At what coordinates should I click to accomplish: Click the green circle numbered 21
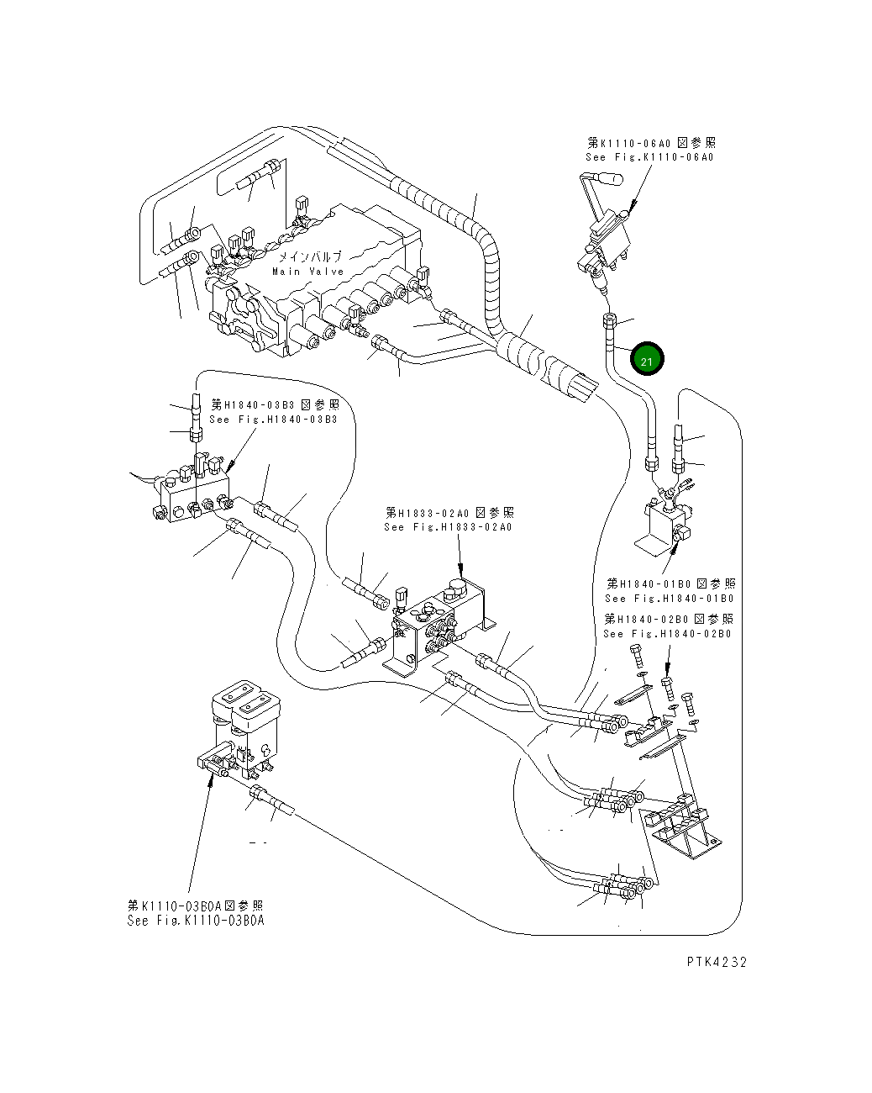647,361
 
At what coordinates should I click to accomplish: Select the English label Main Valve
307,272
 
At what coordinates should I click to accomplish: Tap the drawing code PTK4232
715,962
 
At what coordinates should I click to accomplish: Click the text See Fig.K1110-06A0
649,157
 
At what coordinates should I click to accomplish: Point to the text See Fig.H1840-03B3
273,420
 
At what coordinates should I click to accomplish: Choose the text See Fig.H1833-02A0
448,527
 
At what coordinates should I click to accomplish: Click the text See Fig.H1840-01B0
669,599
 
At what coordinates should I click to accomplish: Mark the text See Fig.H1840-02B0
667,633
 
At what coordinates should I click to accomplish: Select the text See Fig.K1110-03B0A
196,921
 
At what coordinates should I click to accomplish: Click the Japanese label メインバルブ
310,257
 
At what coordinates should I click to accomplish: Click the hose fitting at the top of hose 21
609,320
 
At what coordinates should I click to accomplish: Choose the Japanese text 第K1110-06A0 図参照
651,143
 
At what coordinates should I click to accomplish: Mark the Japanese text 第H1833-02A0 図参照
449,512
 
